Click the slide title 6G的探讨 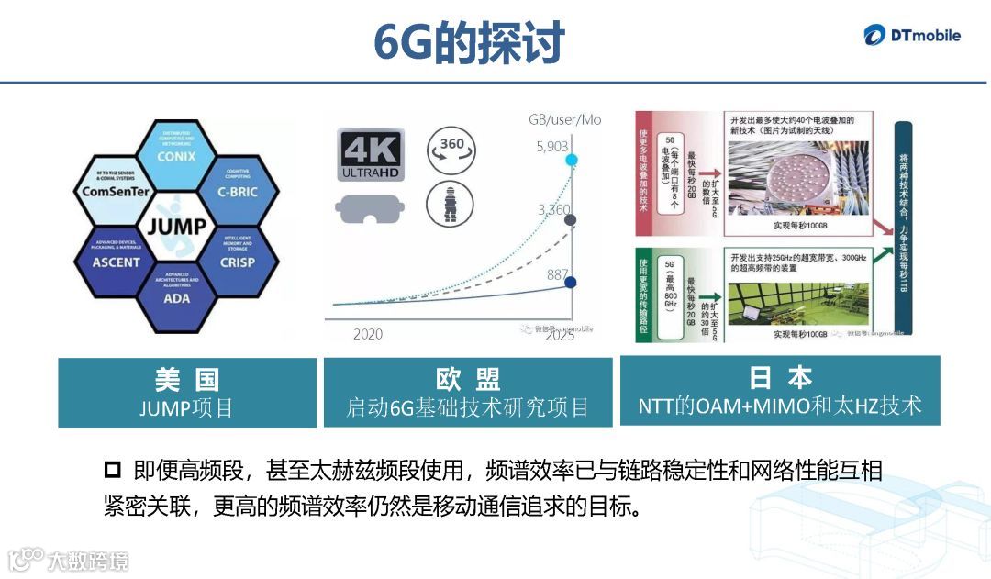[470, 43]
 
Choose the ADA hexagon [177, 295]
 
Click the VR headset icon [370, 207]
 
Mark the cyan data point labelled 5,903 [571, 161]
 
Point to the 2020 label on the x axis [368, 334]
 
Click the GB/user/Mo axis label [564, 120]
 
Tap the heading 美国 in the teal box [187, 379]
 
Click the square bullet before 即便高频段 [113, 472]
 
